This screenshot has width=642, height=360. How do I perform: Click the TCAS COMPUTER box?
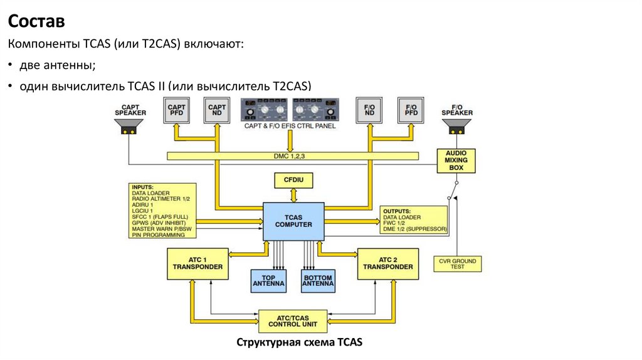tap(293, 221)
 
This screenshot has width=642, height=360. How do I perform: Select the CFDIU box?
tap(293, 181)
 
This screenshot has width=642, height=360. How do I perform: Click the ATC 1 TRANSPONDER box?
tap(197, 263)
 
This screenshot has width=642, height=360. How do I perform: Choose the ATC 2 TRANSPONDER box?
tap(387, 263)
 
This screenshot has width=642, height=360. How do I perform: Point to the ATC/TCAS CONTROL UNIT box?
tap(293, 320)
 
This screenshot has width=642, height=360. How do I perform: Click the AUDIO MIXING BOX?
tap(456, 161)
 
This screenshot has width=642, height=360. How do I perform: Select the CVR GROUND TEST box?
tap(458, 263)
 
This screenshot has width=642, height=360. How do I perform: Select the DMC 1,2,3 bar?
tap(293, 156)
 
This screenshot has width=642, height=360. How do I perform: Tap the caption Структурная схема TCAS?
tap(299, 342)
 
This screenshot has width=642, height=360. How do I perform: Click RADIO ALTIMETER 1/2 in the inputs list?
tap(160, 198)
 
